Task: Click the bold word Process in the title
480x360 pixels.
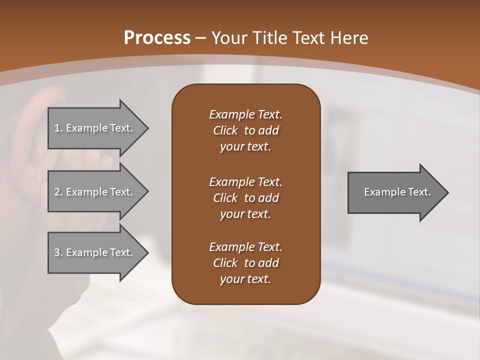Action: click(x=157, y=38)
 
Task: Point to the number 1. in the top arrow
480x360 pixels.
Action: click(x=58, y=128)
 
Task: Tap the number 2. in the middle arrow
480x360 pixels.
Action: click(x=58, y=192)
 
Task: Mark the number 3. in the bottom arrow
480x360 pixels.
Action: click(x=58, y=252)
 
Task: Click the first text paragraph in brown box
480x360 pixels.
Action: click(x=245, y=130)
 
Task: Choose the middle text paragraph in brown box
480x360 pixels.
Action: click(x=245, y=197)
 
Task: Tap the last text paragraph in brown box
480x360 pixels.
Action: click(x=245, y=263)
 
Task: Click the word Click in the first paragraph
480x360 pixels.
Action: click(x=225, y=130)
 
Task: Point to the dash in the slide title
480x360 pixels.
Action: click(x=201, y=38)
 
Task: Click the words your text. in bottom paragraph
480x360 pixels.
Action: click(x=245, y=279)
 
